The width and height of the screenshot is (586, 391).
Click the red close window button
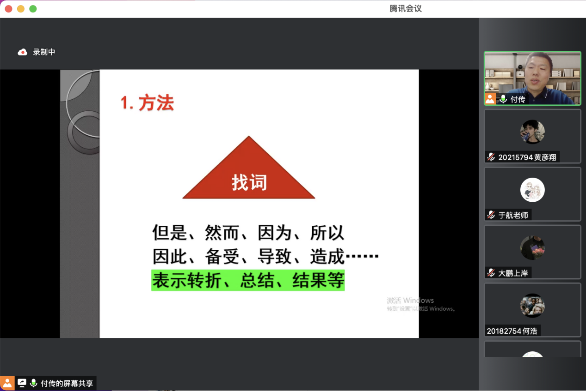pyautogui.click(x=9, y=9)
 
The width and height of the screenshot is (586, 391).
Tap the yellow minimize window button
pyautogui.click(x=21, y=9)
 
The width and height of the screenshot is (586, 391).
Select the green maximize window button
pyautogui.click(x=33, y=9)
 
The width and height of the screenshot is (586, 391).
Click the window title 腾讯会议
pyautogui.click(x=406, y=9)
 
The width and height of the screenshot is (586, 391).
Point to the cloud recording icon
pyautogui.click(x=23, y=52)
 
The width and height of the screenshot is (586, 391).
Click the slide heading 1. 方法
pyautogui.click(x=147, y=103)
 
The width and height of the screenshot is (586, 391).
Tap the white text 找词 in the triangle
pyautogui.click(x=249, y=182)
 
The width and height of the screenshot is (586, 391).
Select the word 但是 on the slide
pyautogui.click(x=170, y=232)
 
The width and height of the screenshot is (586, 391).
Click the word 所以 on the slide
pyautogui.click(x=327, y=232)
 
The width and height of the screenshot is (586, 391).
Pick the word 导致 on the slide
pyautogui.click(x=275, y=256)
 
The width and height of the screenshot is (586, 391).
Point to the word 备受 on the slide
pyautogui.click(x=222, y=256)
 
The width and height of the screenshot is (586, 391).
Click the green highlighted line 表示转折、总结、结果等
pyautogui.click(x=248, y=280)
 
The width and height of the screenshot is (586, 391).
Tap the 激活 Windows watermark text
pyautogui.click(x=410, y=300)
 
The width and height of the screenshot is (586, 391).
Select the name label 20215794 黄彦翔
pyautogui.click(x=527, y=157)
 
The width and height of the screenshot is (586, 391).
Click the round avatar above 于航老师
pyautogui.click(x=532, y=190)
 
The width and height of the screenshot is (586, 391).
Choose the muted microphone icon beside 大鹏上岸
pyautogui.click(x=491, y=273)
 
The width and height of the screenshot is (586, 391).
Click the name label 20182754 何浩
pyautogui.click(x=512, y=331)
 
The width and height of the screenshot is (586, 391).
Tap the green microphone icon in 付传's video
pyautogui.click(x=503, y=99)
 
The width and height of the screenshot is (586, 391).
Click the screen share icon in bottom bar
pyautogui.click(x=22, y=383)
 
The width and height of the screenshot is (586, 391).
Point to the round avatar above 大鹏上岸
pyautogui.click(x=532, y=248)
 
